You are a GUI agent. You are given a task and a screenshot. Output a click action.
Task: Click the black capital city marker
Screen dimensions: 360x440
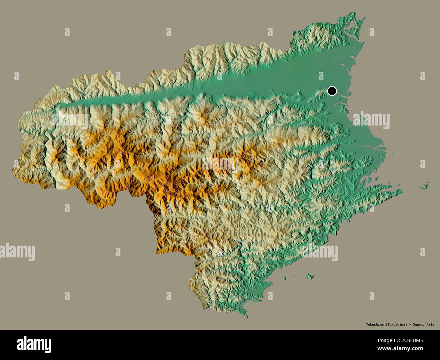tap(332, 91)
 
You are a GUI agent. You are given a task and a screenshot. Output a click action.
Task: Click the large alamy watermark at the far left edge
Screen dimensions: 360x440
tap(17, 252)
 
